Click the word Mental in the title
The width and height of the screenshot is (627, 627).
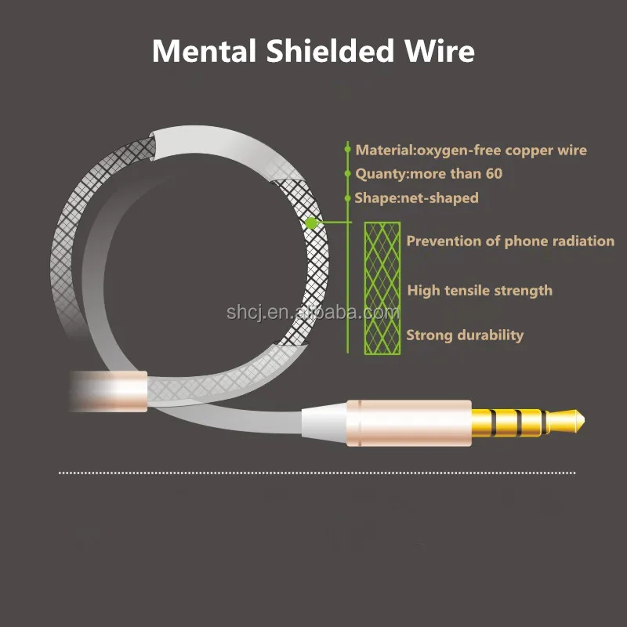tap(204, 51)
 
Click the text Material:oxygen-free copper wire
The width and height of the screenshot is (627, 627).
tap(470, 150)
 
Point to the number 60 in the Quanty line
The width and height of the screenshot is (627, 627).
tap(492, 173)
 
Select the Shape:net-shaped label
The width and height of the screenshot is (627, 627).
tap(416, 198)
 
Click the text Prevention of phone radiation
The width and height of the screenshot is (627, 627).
tap(510, 241)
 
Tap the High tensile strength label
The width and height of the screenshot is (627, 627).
tap(480, 291)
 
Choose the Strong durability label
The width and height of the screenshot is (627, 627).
tap(465, 335)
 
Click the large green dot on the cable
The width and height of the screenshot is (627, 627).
tap(311, 223)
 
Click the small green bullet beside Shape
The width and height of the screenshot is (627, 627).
tap(347, 197)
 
